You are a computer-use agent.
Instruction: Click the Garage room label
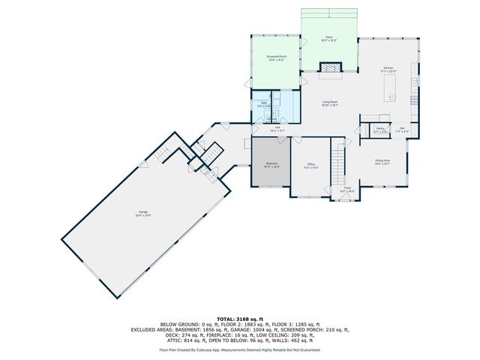143,213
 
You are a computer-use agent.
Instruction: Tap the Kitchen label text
388,69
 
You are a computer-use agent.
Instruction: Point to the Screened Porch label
275,57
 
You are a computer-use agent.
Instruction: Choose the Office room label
310,165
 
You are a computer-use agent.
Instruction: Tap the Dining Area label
382,161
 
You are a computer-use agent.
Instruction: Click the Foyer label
347,190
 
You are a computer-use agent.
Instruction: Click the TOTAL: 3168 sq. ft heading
239,319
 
